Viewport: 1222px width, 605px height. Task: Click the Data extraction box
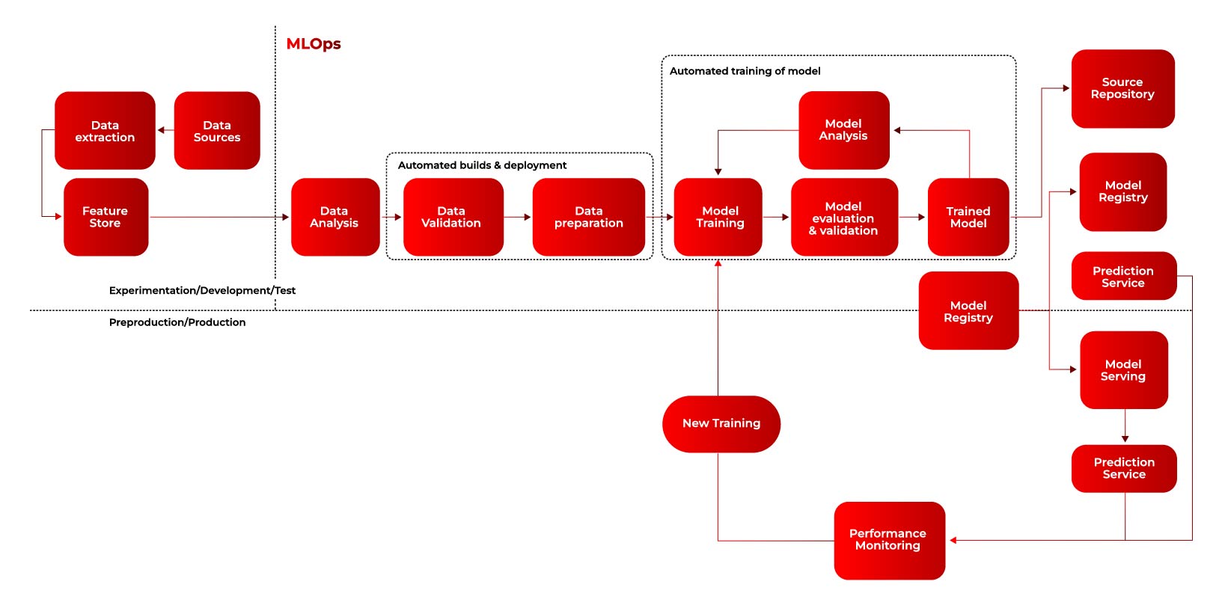coord(105,130)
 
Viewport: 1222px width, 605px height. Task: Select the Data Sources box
coord(217,130)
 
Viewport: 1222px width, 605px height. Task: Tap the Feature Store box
coord(106,217)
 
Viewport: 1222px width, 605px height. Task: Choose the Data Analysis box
coord(335,217)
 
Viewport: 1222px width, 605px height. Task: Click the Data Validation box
coord(453,217)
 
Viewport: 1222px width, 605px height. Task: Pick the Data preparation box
coord(589,217)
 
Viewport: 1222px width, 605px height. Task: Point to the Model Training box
coord(718,217)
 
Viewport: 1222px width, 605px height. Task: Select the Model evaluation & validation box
coord(845,217)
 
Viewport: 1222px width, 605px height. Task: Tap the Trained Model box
coord(968,217)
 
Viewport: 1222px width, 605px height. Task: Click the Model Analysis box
coord(844,130)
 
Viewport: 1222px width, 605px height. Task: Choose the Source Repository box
coord(1122,89)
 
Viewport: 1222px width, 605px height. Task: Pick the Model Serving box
coord(1124,370)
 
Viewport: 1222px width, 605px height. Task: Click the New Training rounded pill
coord(721,424)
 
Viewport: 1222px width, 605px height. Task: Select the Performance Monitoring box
coord(889,541)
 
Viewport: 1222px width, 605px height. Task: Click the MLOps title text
coord(313,43)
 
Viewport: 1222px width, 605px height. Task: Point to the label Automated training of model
coord(745,71)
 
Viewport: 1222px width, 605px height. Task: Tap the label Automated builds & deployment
coord(482,165)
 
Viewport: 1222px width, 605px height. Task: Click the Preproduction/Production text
coord(177,322)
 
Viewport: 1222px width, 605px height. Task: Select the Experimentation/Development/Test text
coord(202,290)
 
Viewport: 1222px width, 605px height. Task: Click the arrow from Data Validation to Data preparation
coord(517,217)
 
